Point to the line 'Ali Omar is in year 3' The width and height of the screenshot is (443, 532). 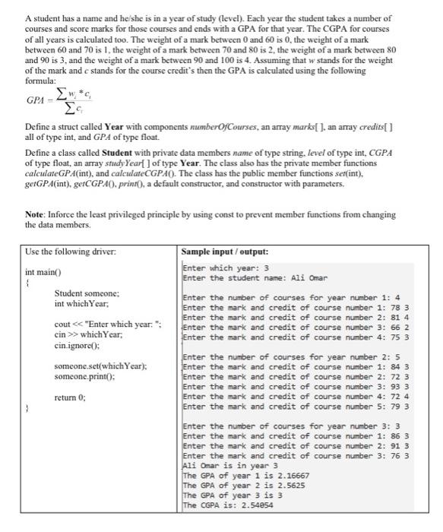click(x=227, y=466)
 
